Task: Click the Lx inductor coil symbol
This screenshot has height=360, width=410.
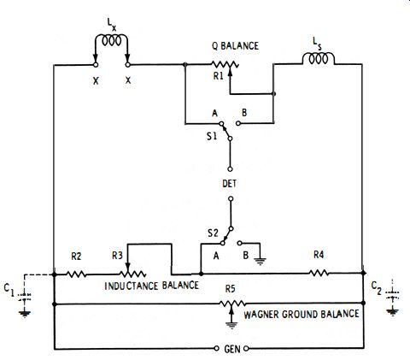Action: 111,40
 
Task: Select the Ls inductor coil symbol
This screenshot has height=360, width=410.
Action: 318,58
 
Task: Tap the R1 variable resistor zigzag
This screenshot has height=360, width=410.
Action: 225,64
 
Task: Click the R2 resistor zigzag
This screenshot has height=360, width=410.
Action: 76,274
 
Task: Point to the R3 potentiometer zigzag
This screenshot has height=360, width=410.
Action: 133,274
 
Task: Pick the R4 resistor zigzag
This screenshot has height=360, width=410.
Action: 319,273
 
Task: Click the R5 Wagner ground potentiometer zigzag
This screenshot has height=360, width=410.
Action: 232,304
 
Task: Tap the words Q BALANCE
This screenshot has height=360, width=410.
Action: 235,46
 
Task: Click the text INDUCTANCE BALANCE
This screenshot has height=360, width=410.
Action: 151,286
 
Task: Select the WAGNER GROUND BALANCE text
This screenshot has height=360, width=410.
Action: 302,314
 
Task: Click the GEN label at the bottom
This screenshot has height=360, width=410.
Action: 232,349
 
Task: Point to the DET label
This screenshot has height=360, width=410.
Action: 229,184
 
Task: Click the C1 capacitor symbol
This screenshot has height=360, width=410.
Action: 25,297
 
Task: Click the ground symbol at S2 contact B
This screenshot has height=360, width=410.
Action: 260,261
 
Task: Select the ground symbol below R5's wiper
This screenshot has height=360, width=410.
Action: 231,325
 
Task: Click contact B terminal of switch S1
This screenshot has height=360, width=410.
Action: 238,123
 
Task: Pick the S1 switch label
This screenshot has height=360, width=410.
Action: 212,136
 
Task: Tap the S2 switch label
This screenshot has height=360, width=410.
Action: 213,233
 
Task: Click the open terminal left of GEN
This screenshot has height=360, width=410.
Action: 216,348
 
